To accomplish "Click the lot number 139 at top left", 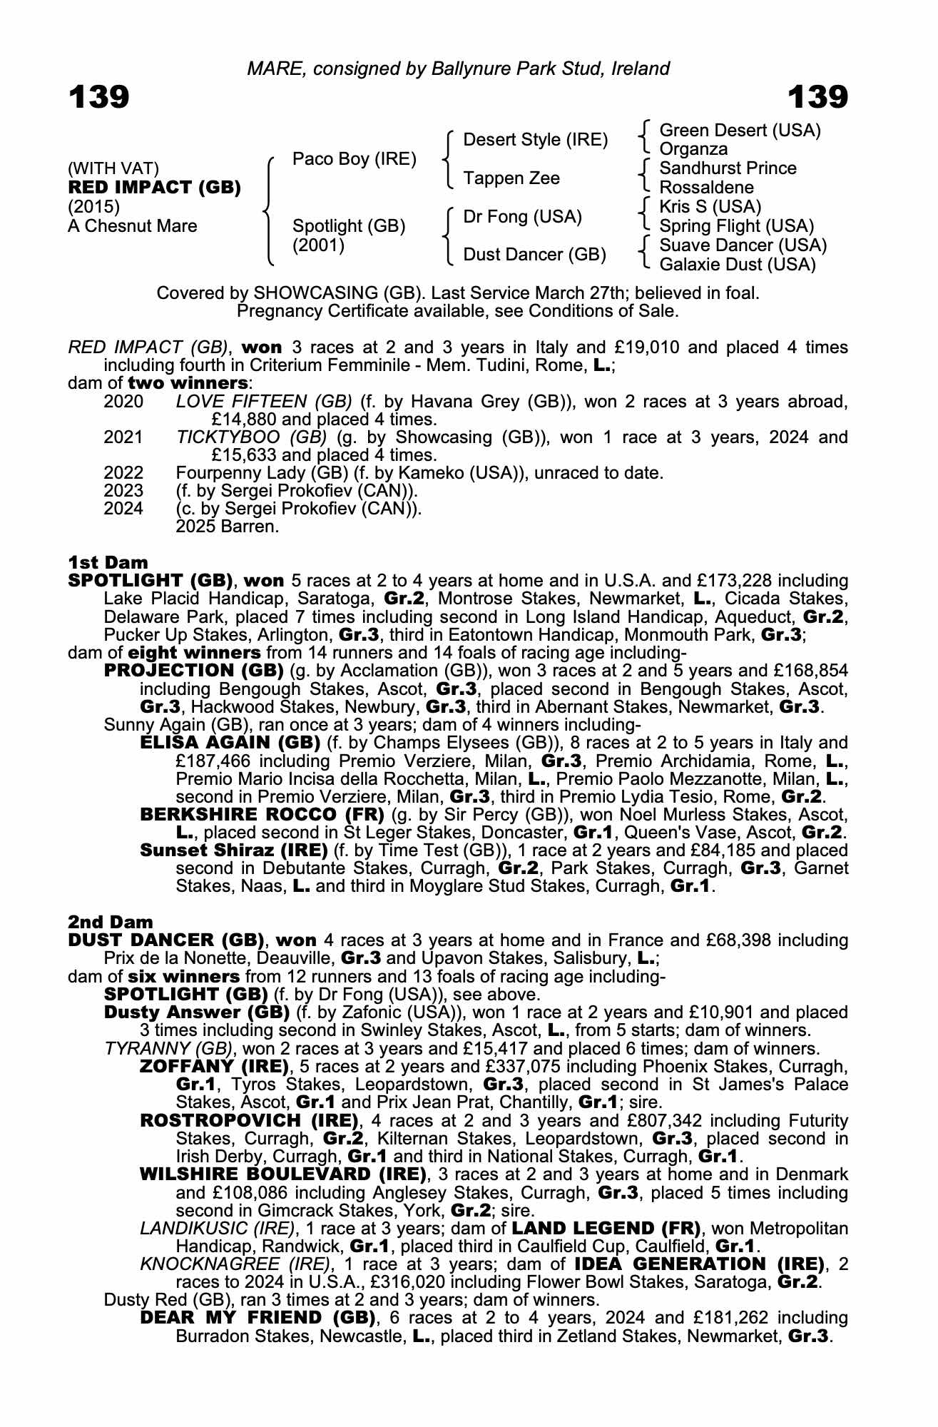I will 98,97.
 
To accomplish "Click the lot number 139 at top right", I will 817,97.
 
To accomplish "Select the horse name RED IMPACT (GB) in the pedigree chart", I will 154,188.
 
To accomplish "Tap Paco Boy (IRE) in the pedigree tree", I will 355,159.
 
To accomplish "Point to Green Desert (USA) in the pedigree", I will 740,131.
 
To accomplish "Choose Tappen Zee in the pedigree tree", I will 511,178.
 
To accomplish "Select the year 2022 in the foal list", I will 123,473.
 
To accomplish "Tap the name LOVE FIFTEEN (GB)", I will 264,402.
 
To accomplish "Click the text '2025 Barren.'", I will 227,527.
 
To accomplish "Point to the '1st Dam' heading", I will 108,563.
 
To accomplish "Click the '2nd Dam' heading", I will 111,923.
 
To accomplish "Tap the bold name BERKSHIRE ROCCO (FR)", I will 262,815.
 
